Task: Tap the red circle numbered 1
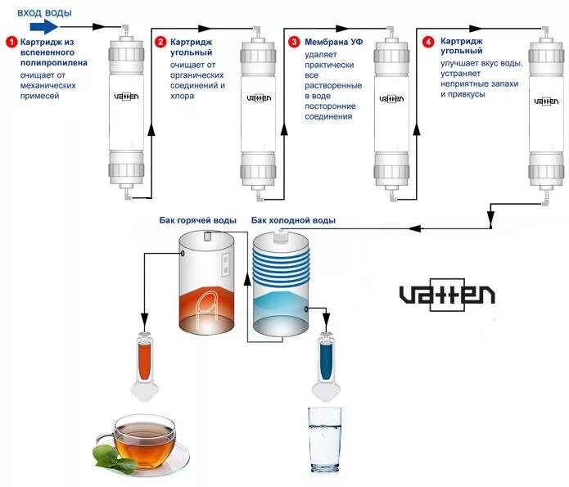(11, 42)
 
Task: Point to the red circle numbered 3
(294, 42)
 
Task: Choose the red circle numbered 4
(427, 42)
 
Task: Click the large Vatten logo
(446, 294)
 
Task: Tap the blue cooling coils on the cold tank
(283, 263)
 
